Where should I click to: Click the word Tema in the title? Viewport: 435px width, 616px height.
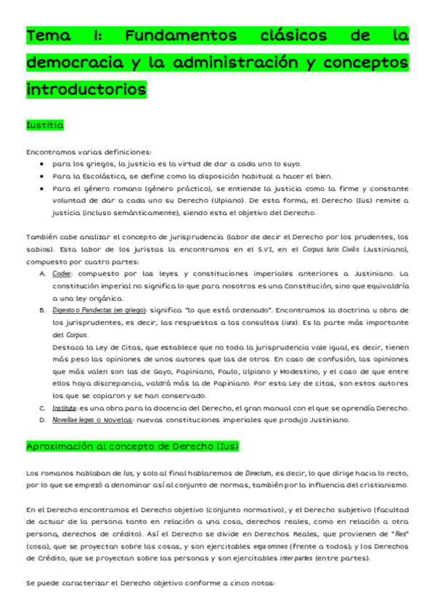(50, 36)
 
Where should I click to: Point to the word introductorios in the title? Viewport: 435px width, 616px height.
(86, 90)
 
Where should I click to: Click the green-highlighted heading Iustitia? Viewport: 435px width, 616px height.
(45, 126)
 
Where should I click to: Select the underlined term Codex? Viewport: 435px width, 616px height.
(62, 274)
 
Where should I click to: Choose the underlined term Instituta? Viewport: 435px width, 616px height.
(64, 408)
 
